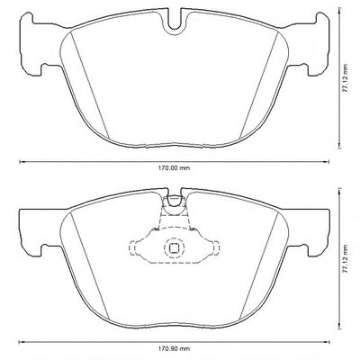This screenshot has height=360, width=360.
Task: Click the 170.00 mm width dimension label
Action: point(174,168)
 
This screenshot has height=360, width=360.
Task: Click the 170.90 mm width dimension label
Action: point(174,348)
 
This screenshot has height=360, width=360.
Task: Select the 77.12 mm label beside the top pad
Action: point(346,78)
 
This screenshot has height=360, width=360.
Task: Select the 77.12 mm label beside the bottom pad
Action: point(346,258)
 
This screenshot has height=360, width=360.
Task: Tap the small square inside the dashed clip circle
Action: point(174,247)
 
